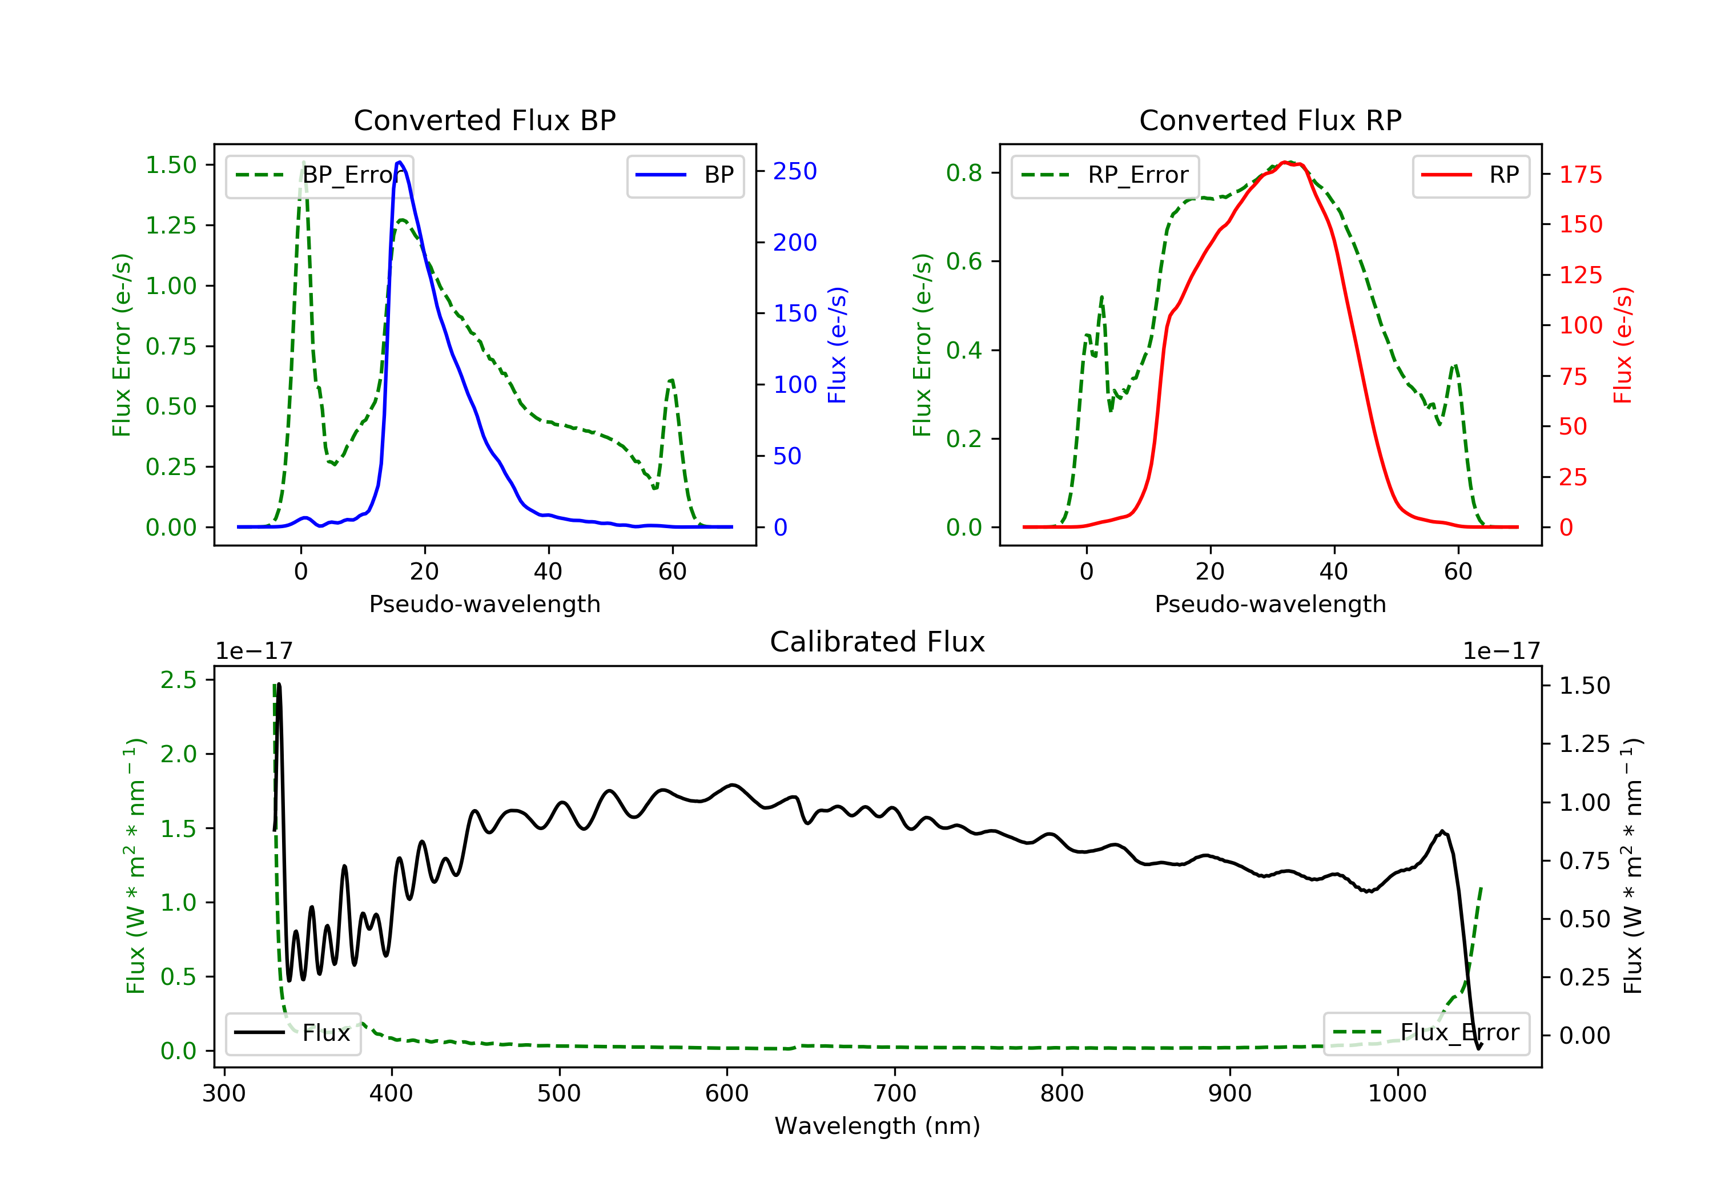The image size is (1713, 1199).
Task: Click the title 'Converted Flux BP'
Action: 484,120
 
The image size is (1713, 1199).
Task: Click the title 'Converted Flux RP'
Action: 1270,120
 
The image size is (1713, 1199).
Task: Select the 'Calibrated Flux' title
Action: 878,642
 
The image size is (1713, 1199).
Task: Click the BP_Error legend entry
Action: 319,175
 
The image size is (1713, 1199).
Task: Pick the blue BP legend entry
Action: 685,175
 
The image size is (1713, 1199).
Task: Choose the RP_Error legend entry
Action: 1105,175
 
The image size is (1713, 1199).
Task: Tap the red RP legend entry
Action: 1470,175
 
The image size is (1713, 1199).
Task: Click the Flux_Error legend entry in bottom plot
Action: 1426,1033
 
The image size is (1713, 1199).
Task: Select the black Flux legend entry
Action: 292,1033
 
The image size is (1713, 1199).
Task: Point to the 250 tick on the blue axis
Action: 795,172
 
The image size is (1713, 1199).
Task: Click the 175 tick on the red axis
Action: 1580,175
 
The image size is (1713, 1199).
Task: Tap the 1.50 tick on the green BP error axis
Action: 171,165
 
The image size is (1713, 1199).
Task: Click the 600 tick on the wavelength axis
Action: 727,1094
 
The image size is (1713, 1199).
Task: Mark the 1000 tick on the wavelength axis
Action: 1397,1094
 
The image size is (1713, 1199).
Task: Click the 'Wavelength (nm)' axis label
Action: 878,1126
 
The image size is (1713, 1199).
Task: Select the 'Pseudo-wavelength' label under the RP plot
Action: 1270,603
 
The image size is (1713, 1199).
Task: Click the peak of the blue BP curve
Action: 400,162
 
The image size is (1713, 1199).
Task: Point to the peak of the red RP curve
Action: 1285,162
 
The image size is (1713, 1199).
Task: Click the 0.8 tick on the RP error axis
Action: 964,173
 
